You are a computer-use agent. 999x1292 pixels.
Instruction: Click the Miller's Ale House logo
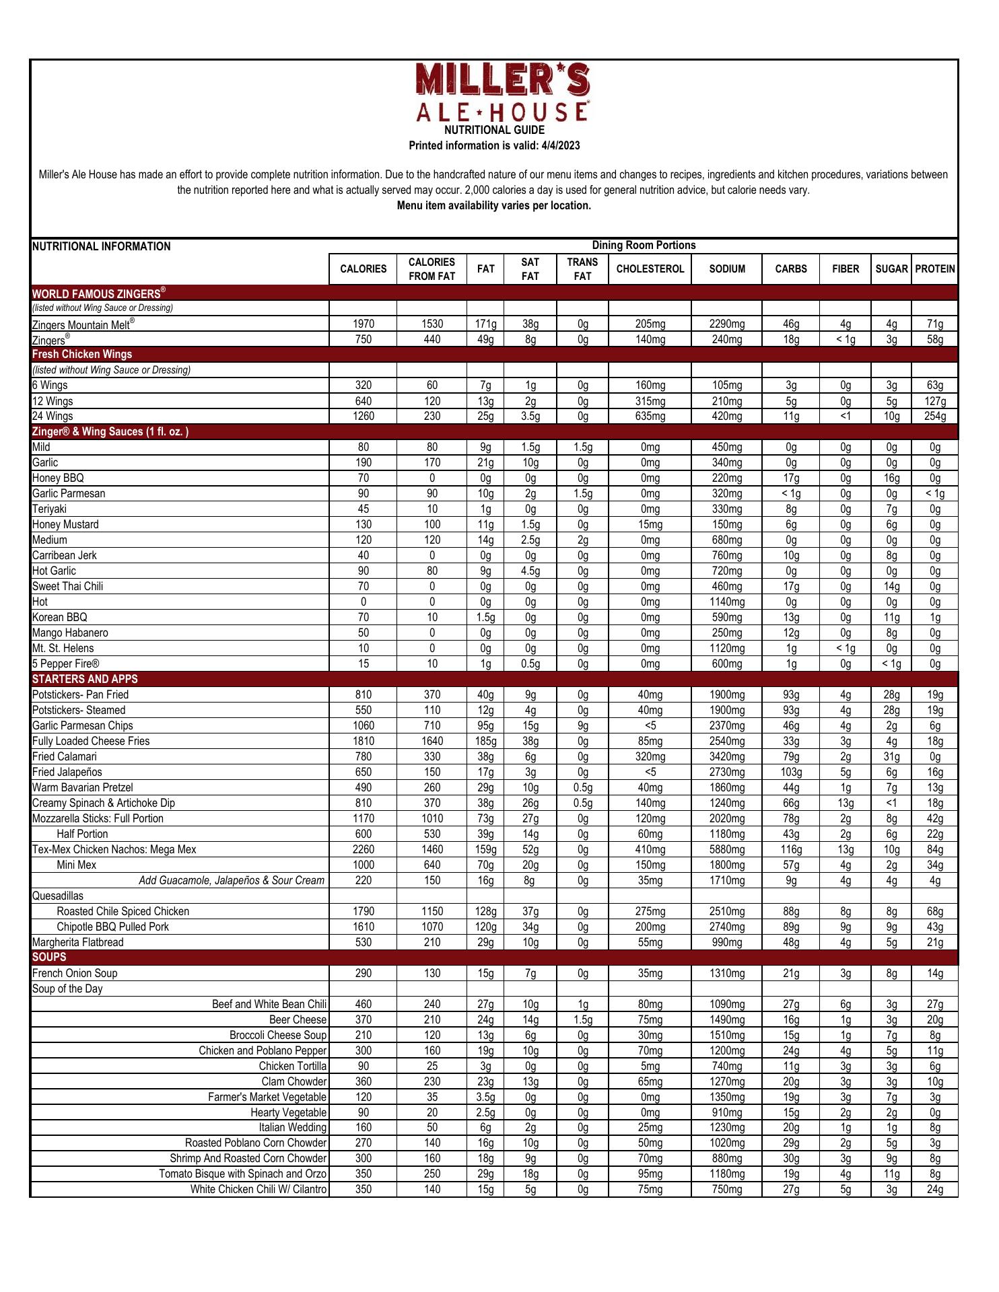(503, 92)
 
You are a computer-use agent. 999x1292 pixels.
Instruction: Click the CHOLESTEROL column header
(650, 269)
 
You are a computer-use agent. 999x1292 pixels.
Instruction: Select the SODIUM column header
(727, 269)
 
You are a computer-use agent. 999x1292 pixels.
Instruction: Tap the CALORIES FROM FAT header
(432, 269)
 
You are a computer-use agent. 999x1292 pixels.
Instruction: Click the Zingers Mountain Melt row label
(83, 324)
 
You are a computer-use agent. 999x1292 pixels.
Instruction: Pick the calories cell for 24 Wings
(363, 417)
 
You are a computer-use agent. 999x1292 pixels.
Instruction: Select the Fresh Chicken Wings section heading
(82, 355)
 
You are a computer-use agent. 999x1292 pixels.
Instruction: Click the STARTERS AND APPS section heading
(85, 679)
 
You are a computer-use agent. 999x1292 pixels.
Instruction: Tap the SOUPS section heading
(49, 957)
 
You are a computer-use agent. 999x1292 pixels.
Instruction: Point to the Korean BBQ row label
(60, 618)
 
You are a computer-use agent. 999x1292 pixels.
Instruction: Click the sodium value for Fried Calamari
(727, 757)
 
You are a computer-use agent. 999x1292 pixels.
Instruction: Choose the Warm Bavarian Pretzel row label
(83, 788)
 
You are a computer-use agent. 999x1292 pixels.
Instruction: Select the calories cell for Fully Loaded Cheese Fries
(363, 742)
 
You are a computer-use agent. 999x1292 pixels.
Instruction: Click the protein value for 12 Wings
(935, 402)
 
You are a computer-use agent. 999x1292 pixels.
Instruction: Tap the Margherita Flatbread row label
(78, 943)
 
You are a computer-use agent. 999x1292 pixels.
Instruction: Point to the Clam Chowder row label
(294, 1082)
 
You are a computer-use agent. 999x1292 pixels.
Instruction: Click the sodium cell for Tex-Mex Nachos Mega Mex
(727, 850)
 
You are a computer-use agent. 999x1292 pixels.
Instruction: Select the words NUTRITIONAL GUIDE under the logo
(494, 131)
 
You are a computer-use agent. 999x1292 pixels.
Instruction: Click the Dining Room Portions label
(644, 246)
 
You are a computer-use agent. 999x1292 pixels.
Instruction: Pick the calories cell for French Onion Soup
(363, 974)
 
